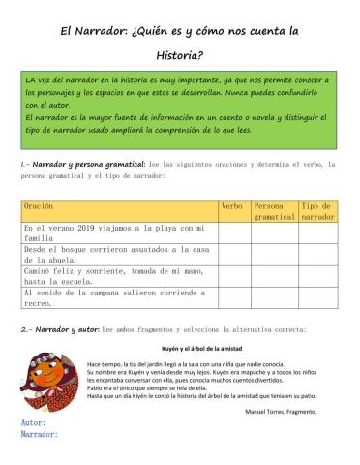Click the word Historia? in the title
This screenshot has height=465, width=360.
(x=180, y=53)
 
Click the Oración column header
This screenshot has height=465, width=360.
(x=40, y=206)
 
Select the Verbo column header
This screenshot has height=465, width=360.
(x=232, y=206)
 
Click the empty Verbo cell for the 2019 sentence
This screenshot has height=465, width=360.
(x=233, y=232)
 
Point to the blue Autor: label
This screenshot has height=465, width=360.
(x=34, y=423)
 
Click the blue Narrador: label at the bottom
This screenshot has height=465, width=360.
(x=41, y=435)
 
